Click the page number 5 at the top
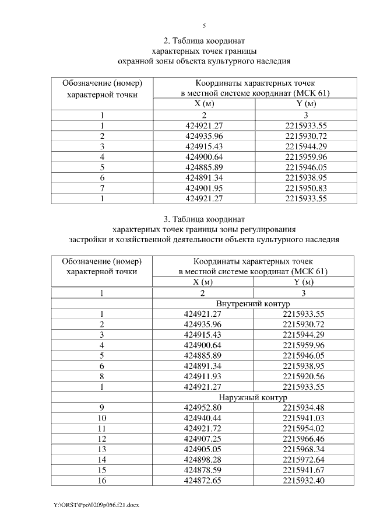204,26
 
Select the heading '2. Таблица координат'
204,41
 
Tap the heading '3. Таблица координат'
204,219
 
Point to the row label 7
102,188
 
